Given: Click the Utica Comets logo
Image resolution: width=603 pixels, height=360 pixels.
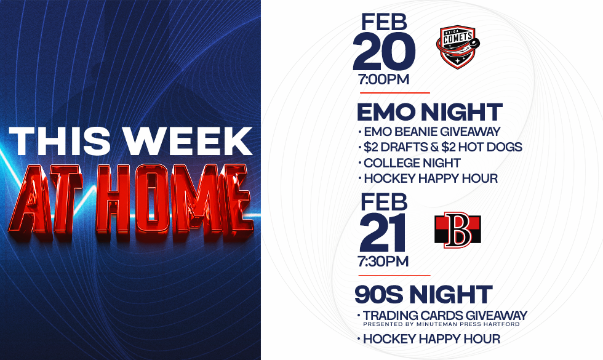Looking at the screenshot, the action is tap(458, 47).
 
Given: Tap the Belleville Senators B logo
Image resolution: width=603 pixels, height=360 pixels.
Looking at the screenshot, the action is tap(458, 230).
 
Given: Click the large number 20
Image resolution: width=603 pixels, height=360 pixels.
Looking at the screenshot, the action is tap(384, 52).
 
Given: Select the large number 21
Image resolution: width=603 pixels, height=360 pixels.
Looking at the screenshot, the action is tap(383, 233).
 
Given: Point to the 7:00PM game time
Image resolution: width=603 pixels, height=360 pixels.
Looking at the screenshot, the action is tap(383, 79).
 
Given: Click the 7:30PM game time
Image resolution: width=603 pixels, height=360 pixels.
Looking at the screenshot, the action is tap(383, 262).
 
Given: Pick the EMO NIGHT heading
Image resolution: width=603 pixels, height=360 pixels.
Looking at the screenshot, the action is tap(429, 112).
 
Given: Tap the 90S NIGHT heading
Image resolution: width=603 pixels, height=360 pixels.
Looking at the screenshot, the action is tap(423, 295).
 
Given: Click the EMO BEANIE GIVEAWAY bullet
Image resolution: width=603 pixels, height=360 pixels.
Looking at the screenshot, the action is tap(429, 132).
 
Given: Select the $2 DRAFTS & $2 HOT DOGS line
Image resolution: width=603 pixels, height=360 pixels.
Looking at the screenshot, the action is tap(440, 147).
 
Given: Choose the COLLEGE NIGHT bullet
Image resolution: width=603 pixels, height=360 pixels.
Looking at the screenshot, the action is tap(409, 163).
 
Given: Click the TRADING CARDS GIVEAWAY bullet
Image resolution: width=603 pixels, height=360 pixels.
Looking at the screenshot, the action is tap(442, 315).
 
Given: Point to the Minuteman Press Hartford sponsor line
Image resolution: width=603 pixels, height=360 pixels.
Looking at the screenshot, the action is tap(441, 324).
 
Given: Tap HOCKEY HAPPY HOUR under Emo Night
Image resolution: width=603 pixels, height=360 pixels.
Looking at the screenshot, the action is tap(428, 178).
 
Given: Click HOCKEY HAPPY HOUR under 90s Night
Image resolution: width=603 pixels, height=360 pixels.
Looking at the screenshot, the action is tap(429, 339).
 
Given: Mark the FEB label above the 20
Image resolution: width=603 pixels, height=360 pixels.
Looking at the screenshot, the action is tap(384, 22).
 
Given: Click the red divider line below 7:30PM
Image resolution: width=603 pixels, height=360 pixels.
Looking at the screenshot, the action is tap(394, 276).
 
